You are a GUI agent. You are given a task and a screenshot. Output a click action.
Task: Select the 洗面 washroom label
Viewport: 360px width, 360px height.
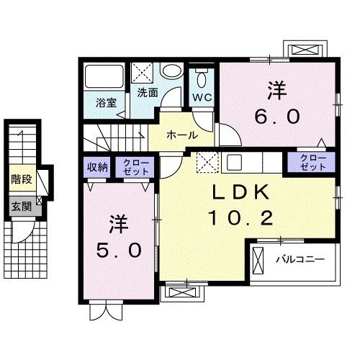pos(148,93)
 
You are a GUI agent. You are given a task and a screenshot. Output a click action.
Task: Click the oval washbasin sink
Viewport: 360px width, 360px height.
pos(172,71)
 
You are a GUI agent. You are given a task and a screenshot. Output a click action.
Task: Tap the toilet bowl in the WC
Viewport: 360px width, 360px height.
pos(202,77)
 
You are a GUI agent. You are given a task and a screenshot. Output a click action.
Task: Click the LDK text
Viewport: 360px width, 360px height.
pos(241,192)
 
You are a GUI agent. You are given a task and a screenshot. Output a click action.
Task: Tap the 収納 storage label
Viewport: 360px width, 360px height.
pos(97,167)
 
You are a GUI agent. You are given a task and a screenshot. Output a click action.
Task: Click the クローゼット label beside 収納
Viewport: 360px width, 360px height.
pos(136,167)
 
